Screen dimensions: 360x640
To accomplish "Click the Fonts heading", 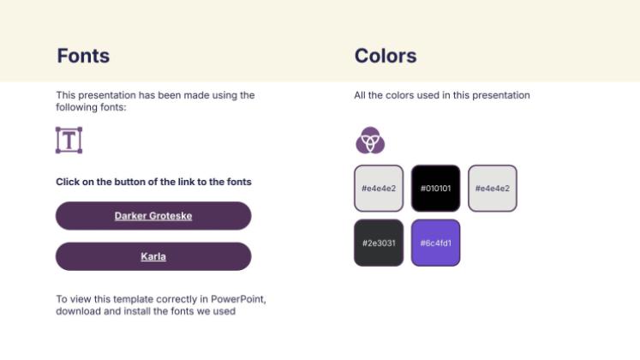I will pos(83,57).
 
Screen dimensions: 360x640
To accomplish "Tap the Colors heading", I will pos(386,57).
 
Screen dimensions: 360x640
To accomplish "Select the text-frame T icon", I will pos(69,140).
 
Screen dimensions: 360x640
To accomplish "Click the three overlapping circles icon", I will pos(370,140).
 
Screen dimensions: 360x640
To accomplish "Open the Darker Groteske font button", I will pos(153,216).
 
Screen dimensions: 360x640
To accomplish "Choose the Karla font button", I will pos(153,256).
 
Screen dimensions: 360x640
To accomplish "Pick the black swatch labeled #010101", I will pos(435,188).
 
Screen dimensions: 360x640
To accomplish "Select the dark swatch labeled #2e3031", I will pos(378,243).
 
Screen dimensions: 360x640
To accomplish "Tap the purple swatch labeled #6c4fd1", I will pos(435,243).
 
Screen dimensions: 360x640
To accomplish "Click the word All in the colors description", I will pos(361,95).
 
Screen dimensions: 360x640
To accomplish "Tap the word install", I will pos(133,311).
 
